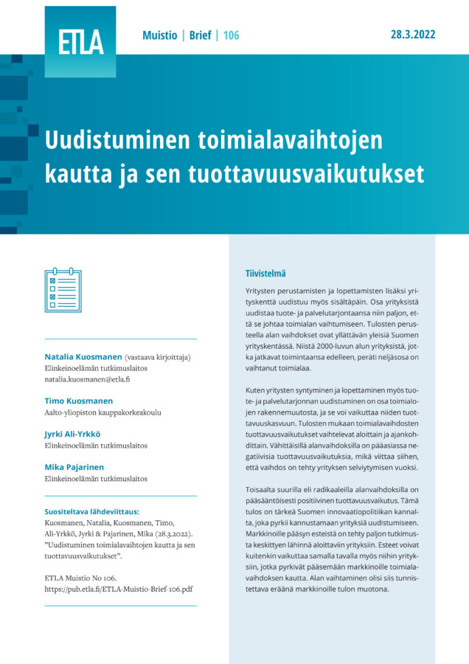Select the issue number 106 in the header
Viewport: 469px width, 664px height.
(230, 35)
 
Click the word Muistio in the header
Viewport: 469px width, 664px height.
(159, 35)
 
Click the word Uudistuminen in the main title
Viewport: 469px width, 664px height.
(114, 141)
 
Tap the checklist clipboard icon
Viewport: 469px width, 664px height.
(63, 291)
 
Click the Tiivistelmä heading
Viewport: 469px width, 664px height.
(271, 273)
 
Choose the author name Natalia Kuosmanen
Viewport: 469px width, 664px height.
(83, 357)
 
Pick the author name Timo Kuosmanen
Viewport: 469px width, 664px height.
(78, 401)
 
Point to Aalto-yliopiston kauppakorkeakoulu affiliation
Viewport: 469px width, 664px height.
(103, 413)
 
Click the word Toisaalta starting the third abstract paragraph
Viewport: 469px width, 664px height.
(263, 490)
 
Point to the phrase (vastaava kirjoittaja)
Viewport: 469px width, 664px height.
(158, 357)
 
